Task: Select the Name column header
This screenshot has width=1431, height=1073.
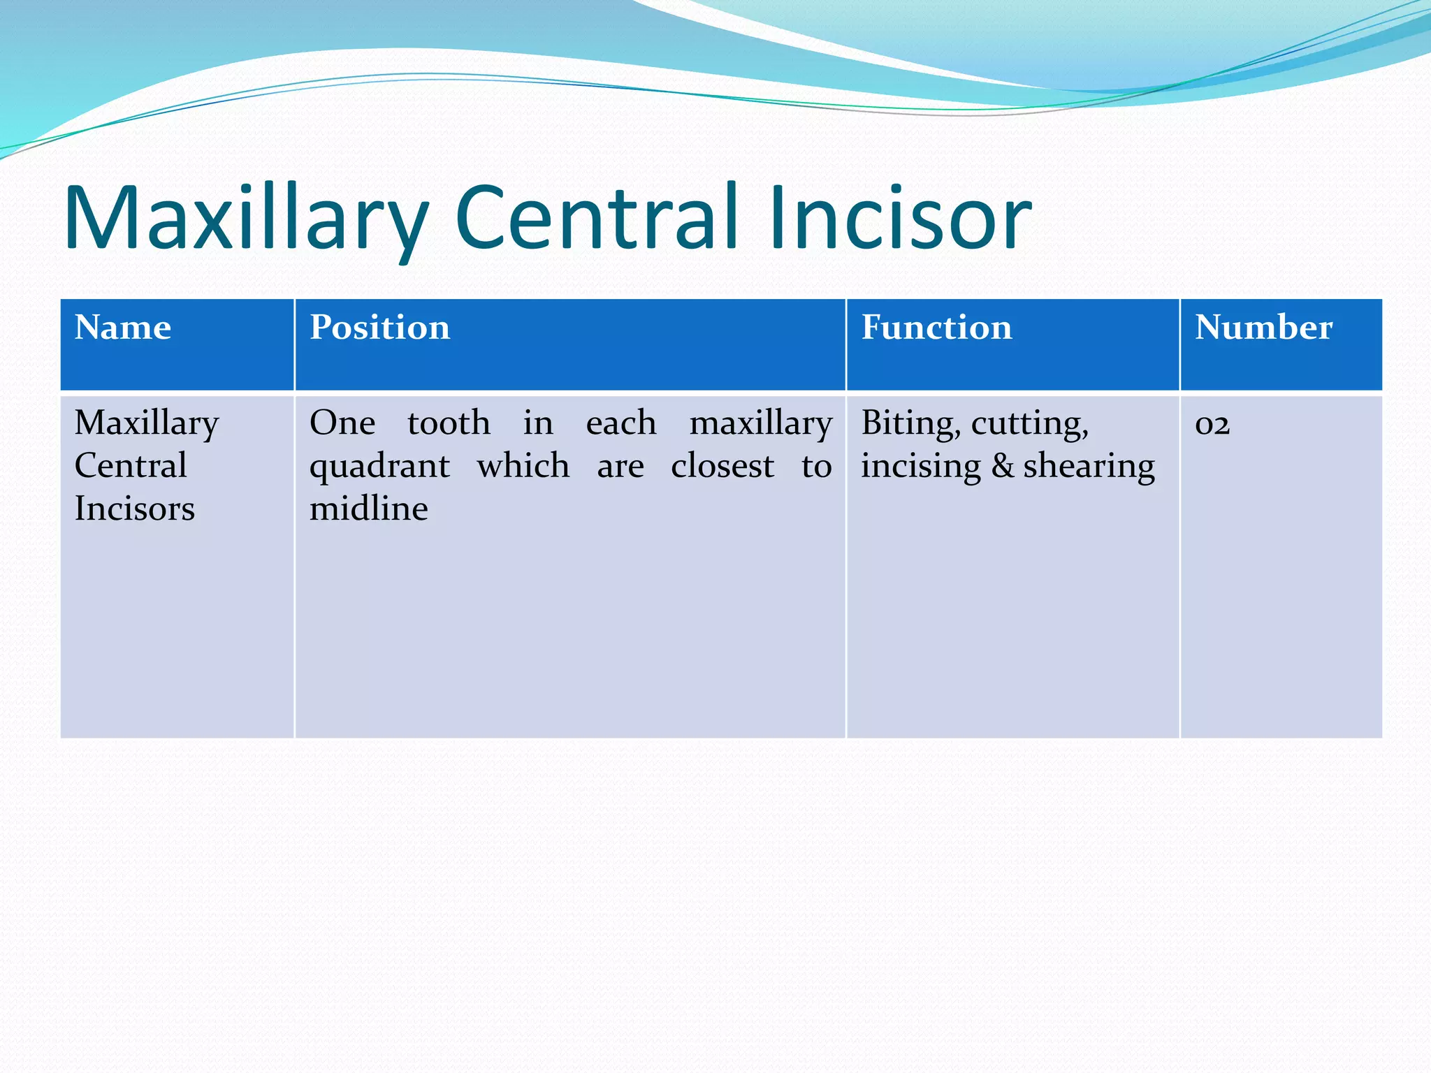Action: [123, 327]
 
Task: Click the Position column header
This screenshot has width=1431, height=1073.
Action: [380, 327]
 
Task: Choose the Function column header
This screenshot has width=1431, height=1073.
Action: [936, 327]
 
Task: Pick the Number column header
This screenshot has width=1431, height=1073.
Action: [1263, 327]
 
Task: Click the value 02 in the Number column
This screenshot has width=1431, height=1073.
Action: [1212, 424]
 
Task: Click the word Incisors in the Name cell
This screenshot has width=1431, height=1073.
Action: [135, 509]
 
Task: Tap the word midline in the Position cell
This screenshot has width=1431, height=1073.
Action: [368, 509]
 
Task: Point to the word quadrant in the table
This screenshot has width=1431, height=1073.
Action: [379, 467]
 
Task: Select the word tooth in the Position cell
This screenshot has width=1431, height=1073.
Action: [449, 423]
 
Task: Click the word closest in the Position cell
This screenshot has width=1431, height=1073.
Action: [722, 466]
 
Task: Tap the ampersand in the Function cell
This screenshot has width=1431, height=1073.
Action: [1003, 466]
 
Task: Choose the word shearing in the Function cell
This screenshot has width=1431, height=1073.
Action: [1089, 467]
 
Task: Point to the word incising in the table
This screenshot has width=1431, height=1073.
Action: [920, 467]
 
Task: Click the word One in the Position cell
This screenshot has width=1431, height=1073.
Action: [342, 423]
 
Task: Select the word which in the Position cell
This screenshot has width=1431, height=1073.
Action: [523, 466]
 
